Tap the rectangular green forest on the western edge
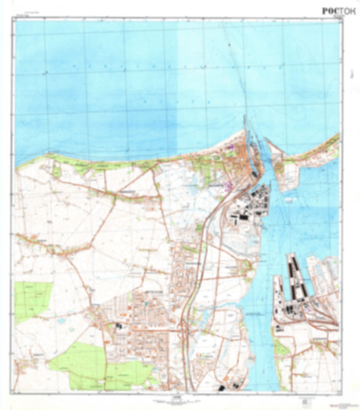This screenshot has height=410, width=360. point(33,301)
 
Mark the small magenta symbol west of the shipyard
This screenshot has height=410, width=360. point(229,184)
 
